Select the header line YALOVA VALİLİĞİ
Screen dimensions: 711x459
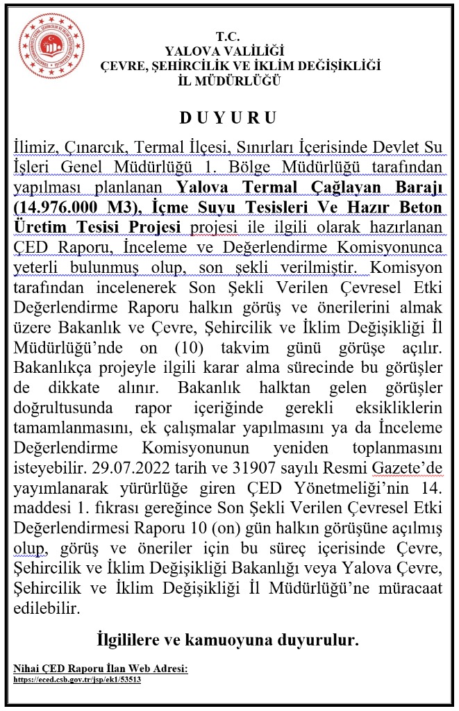[x=224, y=51]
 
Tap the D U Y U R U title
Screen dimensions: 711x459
[x=228, y=118]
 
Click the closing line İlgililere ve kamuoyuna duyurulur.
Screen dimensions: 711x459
[x=228, y=639]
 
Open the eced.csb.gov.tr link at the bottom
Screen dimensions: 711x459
[x=78, y=680]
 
